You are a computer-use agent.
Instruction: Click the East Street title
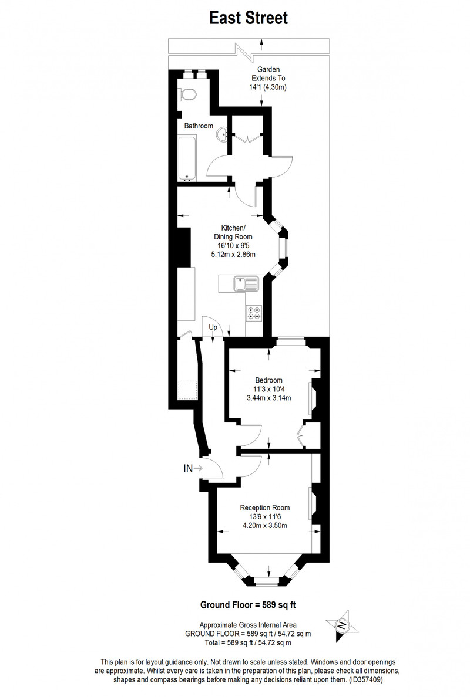click(x=249, y=18)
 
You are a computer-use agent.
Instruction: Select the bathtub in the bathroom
click(x=187, y=158)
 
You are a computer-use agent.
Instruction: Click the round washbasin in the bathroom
click(x=222, y=133)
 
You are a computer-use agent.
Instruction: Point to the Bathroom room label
click(x=199, y=126)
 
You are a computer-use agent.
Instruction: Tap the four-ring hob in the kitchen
click(x=254, y=313)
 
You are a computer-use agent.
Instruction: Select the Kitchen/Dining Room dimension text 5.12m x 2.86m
click(x=233, y=255)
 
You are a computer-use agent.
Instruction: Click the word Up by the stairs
click(x=213, y=327)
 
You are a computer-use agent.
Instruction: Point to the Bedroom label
click(x=269, y=380)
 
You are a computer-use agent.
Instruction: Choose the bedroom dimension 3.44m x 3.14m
click(x=269, y=398)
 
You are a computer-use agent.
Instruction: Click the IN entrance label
click(x=188, y=468)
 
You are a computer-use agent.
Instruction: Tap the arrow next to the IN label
click(x=199, y=468)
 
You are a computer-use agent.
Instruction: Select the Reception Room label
click(x=265, y=507)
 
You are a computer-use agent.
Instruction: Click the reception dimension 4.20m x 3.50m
click(x=265, y=526)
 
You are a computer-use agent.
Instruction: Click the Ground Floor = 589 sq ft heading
click(x=248, y=604)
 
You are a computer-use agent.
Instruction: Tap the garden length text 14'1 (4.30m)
click(x=268, y=87)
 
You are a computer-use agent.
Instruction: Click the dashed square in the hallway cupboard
click(x=187, y=390)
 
